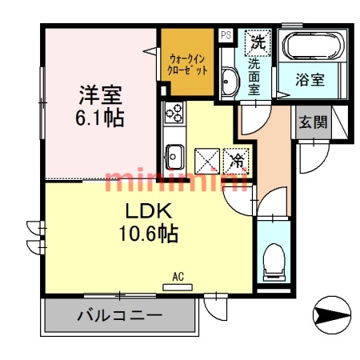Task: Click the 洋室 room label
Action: point(99,94)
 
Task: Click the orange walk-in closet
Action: point(187,64)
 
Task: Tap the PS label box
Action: point(226,35)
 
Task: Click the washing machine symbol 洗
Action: point(258,38)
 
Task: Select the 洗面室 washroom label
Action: point(255,77)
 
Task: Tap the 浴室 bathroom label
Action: point(310,80)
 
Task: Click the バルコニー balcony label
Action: point(119,316)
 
